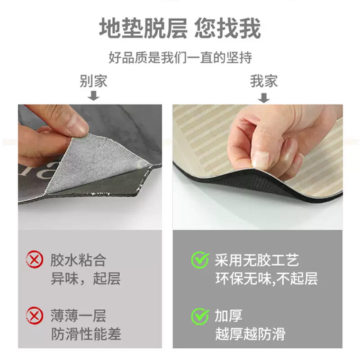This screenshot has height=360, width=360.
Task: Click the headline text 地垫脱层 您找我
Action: tap(179, 29)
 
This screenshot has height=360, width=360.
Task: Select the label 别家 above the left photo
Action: tap(93, 80)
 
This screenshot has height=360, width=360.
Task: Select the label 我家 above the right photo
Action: tap(264, 80)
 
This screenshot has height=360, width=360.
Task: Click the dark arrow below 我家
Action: tap(264, 98)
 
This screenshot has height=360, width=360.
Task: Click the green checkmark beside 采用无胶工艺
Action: tap(200, 260)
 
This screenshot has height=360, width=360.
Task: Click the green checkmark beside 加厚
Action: tap(200, 317)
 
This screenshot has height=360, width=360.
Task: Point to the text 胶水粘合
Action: tap(78, 261)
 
